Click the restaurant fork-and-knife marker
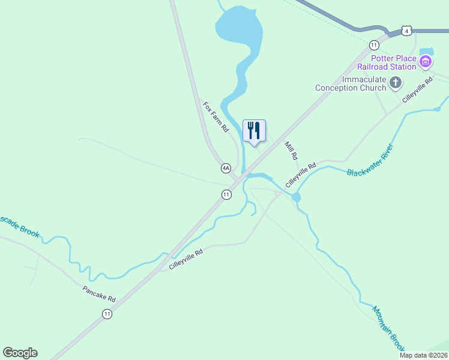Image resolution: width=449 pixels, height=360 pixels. [x=254, y=130]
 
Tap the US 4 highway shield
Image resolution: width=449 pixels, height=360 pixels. [x=407, y=31]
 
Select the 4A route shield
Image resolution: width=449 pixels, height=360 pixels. [x=226, y=169]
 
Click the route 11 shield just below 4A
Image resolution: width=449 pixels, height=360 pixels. [x=226, y=194]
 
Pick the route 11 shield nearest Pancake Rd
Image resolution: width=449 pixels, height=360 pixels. [x=107, y=314]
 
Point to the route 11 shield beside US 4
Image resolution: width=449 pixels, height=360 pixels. [x=374, y=45]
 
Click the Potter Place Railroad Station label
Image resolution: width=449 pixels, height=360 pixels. [x=393, y=62]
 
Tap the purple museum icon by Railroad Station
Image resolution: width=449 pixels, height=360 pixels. [x=426, y=61]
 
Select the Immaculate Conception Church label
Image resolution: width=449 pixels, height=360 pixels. [x=351, y=84]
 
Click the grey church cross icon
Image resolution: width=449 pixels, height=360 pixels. [x=396, y=83]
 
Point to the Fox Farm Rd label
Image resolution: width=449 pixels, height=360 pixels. [x=215, y=116]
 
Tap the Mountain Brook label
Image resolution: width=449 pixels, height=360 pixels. [x=388, y=329]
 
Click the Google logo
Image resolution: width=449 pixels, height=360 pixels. [x=20, y=353]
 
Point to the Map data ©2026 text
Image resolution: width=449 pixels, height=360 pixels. [x=423, y=355]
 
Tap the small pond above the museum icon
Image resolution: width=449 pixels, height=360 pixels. [x=427, y=51]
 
